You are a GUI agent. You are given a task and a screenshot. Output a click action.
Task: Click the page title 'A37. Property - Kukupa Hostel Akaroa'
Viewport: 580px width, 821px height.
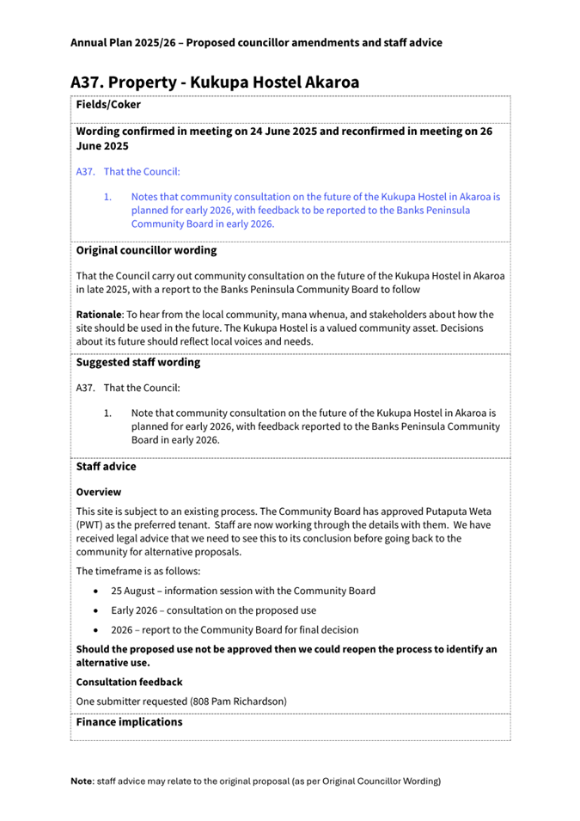(215, 83)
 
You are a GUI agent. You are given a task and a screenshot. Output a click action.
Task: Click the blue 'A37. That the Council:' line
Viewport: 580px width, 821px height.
(128, 172)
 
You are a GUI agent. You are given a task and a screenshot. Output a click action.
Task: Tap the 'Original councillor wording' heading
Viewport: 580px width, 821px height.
(146, 251)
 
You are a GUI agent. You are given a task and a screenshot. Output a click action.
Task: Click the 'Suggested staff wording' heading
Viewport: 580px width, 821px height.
(137, 362)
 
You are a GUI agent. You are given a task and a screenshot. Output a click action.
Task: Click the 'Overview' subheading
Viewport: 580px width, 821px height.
(98, 493)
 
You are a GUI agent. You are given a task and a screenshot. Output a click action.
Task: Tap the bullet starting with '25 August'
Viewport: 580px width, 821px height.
(242, 591)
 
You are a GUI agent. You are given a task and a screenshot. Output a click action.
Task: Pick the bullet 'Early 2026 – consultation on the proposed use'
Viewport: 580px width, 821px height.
(234, 610)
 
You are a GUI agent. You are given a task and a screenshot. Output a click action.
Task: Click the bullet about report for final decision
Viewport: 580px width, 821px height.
(235, 630)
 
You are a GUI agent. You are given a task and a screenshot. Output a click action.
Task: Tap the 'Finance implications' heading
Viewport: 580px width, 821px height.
(129, 722)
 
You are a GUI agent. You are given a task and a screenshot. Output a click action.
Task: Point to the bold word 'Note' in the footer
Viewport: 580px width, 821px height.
(82, 781)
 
